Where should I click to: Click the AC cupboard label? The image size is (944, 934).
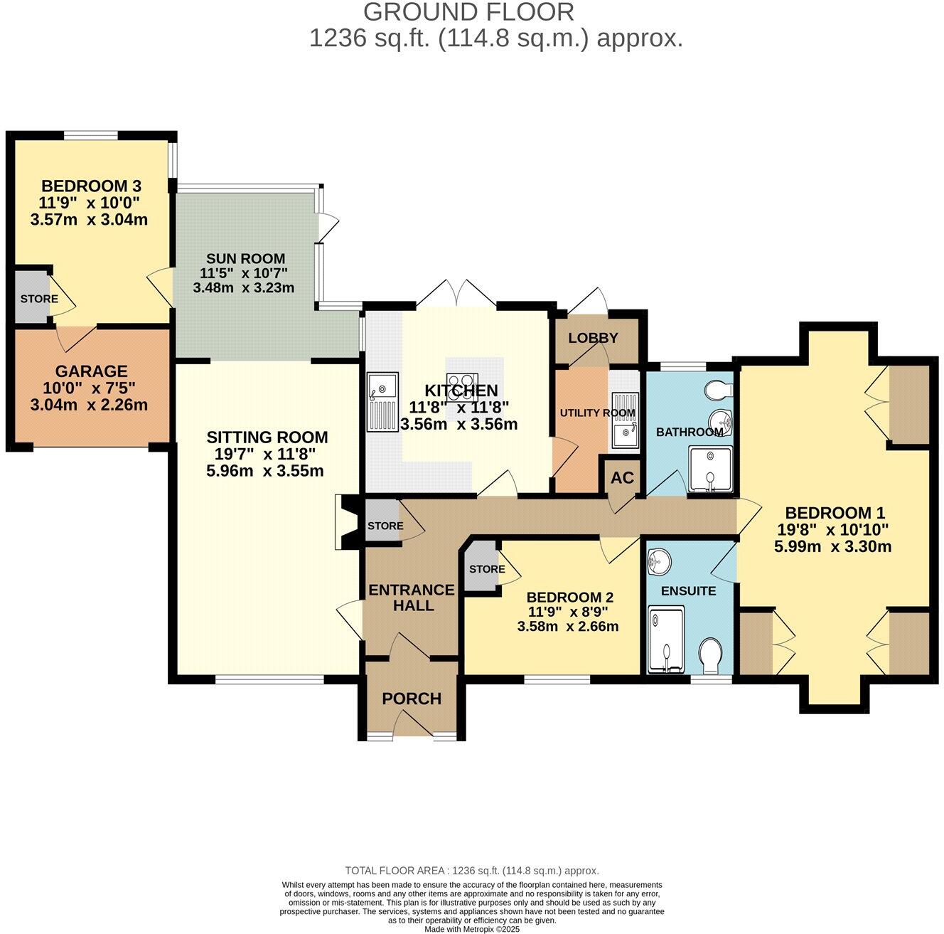pyautogui.click(x=622, y=477)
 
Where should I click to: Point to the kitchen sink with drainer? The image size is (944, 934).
pyautogui.click(x=384, y=401)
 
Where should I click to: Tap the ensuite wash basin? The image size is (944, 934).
pyautogui.click(x=660, y=561)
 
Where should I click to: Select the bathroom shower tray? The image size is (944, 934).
pyautogui.click(x=710, y=468)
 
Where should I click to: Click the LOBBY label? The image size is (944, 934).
pyautogui.click(x=593, y=338)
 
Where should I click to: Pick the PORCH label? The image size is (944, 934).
pyautogui.click(x=412, y=699)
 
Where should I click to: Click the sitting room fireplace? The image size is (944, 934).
pyautogui.click(x=349, y=523)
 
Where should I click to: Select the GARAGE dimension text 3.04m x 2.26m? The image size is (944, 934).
pyautogui.click(x=89, y=405)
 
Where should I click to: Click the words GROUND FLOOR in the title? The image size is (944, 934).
pyautogui.click(x=469, y=12)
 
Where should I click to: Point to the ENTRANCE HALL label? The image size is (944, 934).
pyautogui.click(x=412, y=597)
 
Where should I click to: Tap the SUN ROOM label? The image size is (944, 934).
pyautogui.click(x=245, y=258)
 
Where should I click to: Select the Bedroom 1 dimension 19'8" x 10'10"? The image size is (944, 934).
pyautogui.click(x=833, y=529)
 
